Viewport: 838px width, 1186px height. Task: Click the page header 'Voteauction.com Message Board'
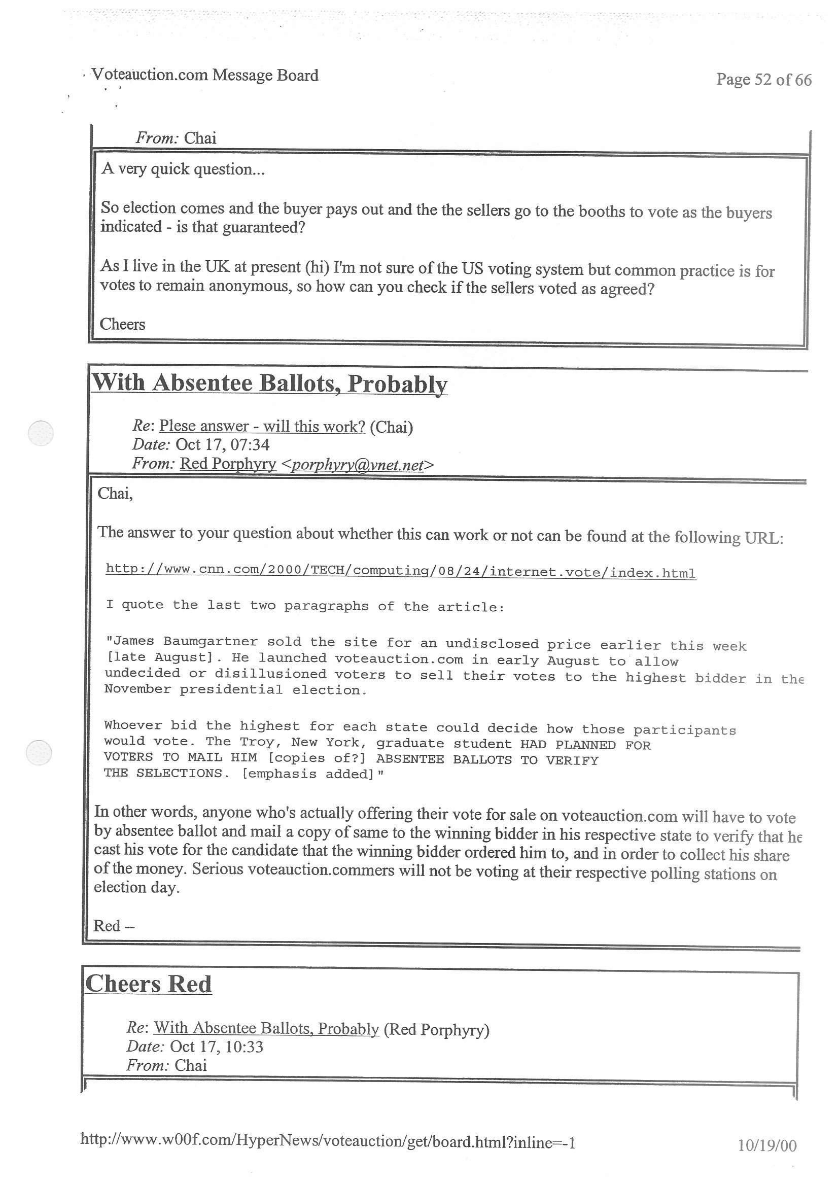(x=204, y=76)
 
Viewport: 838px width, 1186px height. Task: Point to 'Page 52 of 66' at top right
(x=763, y=80)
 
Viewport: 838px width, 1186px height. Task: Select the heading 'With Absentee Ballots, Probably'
(x=269, y=383)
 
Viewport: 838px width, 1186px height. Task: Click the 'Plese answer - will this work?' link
(x=262, y=426)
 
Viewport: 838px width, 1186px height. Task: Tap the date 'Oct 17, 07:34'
(x=222, y=445)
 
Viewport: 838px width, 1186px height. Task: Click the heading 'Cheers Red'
(x=148, y=984)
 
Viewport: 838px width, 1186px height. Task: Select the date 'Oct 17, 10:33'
(x=217, y=1047)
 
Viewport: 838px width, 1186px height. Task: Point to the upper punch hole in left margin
(x=40, y=433)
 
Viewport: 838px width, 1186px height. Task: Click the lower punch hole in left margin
(x=39, y=752)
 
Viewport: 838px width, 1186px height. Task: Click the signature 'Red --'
(x=114, y=926)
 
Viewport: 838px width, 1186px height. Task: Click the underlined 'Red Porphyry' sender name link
(x=227, y=464)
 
